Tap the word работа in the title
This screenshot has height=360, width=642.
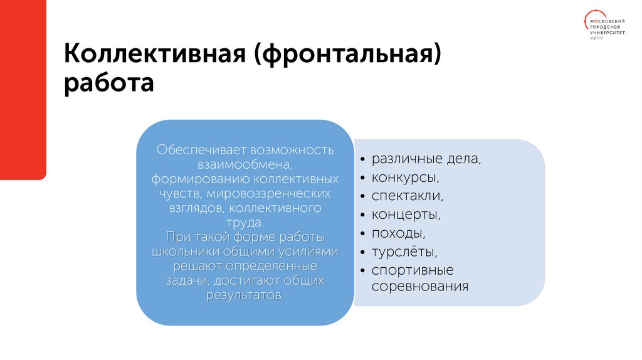108,83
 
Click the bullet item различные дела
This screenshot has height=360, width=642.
426,159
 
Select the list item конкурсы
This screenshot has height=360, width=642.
401,177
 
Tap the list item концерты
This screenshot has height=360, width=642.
406,214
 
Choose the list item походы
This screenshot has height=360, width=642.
399,233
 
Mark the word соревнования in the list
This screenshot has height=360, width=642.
420,287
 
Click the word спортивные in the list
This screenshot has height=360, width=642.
412,270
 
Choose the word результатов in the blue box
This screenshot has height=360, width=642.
245,294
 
